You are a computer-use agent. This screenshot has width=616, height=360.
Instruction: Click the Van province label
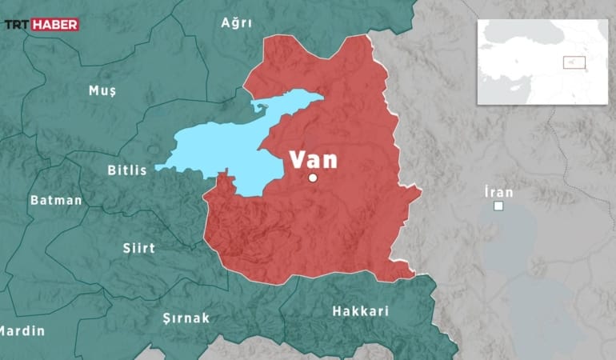click(313, 158)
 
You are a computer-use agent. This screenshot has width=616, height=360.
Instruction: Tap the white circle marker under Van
click(313, 178)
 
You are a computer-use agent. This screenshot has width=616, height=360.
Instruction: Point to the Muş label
click(102, 90)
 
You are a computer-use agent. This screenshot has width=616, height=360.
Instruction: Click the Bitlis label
click(127, 170)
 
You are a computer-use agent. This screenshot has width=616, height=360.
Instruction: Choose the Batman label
click(56, 200)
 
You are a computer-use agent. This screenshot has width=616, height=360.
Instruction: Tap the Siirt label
click(139, 248)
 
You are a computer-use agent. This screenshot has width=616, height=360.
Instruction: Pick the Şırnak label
click(186, 318)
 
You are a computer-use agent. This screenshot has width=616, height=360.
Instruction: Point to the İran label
click(498, 192)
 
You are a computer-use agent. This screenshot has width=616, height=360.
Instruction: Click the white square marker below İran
click(498, 206)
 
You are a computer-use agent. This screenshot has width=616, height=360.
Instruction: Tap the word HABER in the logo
click(55, 25)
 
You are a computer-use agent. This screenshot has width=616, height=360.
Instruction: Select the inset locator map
click(542, 62)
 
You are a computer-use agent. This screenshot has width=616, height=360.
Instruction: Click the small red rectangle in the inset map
click(574, 62)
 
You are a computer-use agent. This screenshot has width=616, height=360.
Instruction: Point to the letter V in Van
click(297, 158)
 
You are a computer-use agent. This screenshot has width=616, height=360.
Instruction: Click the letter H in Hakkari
click(337, 310)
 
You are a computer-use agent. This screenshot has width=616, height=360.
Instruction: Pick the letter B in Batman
click(34, 200)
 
